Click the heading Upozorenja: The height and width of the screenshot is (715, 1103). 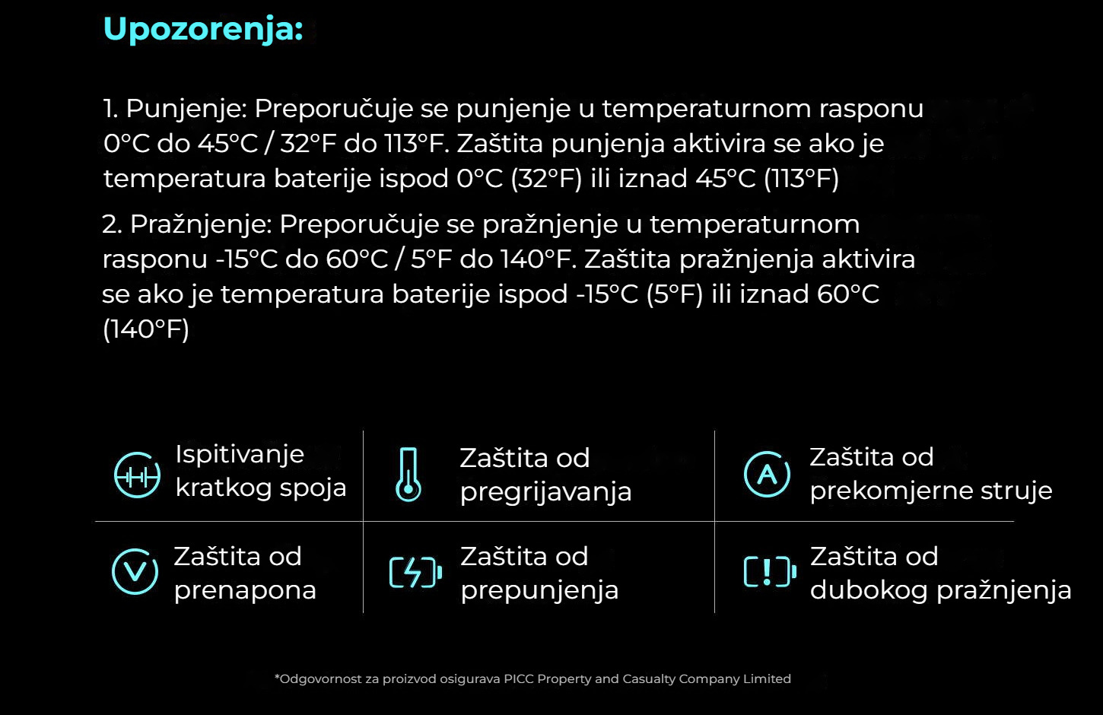(x=203, y=30)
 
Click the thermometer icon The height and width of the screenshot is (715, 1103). (x=408, y=475)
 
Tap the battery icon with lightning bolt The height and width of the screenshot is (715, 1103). (x=415, y=572)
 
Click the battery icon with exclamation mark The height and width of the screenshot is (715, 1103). (x=770, y=572)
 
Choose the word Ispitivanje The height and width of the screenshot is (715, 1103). (x=240, y=455)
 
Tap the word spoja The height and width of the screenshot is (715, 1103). (x=313, y=489)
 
